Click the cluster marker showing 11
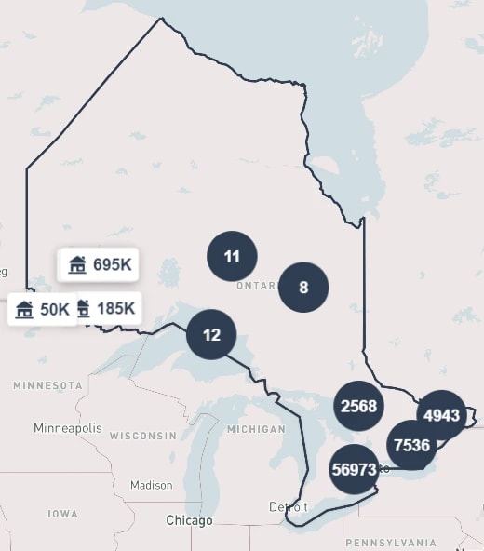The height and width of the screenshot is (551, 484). (232, 257)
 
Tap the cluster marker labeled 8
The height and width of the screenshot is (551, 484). (303, 287)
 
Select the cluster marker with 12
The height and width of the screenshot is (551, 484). (211, 334)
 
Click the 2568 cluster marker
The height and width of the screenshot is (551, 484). (359, 406)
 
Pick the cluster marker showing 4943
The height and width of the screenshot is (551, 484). (441, 414)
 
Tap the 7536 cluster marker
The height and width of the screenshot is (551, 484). (411, 445)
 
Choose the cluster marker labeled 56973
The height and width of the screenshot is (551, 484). (354, 470)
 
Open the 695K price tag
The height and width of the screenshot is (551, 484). (101, 264)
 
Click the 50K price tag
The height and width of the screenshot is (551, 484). (41, 309)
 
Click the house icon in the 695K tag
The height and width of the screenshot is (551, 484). (77, 264)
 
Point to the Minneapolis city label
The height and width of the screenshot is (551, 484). (68, 428)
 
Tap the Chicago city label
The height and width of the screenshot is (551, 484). (189, 520)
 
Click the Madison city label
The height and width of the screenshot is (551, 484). (151, 485)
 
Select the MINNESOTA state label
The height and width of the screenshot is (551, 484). (47, 385)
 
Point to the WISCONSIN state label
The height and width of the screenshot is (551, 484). (142, 436)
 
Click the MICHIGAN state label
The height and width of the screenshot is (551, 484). (255, 429)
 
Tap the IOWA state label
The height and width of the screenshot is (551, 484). (63, 514)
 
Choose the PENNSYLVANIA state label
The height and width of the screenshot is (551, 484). (390, 543)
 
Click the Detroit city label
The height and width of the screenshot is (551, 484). (288, 507)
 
